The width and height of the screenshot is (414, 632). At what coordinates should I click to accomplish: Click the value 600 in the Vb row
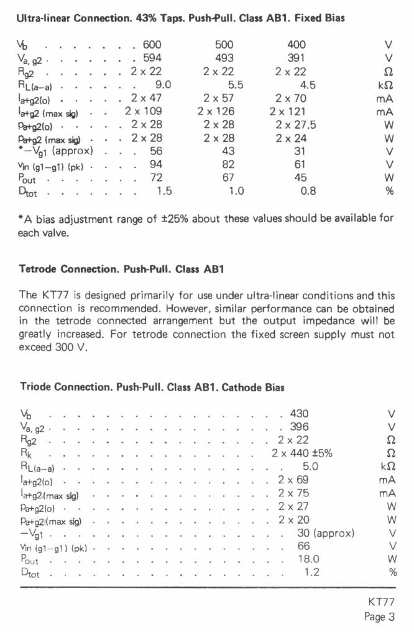[152, 45]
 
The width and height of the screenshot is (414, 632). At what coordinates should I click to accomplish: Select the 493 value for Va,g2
[224, 58]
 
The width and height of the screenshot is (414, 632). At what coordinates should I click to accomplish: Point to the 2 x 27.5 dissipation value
[296, 124]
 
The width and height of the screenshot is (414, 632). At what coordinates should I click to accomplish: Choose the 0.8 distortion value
[308, 191]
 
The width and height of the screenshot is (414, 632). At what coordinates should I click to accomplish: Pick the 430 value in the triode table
[295, 413]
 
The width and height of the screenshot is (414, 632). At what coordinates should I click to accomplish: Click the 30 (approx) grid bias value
[325, 532]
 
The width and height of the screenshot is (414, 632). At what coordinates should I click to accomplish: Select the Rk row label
[25, 453]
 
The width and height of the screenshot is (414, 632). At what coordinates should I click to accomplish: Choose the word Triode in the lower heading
[36, 387]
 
